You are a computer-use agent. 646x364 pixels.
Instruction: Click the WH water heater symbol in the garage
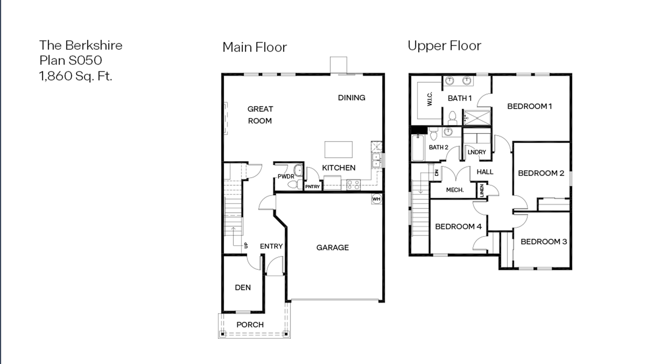tap(376, 199)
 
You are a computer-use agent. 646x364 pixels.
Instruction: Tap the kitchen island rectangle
tap(338, 150)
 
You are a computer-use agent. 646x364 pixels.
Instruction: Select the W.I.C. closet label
tap(430, 99)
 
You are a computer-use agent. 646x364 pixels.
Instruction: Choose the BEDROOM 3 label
tap(544, 242)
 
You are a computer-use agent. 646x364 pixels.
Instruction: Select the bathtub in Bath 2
tap(418, 148)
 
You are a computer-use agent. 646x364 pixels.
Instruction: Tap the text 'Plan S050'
tap(71, 60)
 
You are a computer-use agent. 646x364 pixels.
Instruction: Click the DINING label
tap(351, 98)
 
